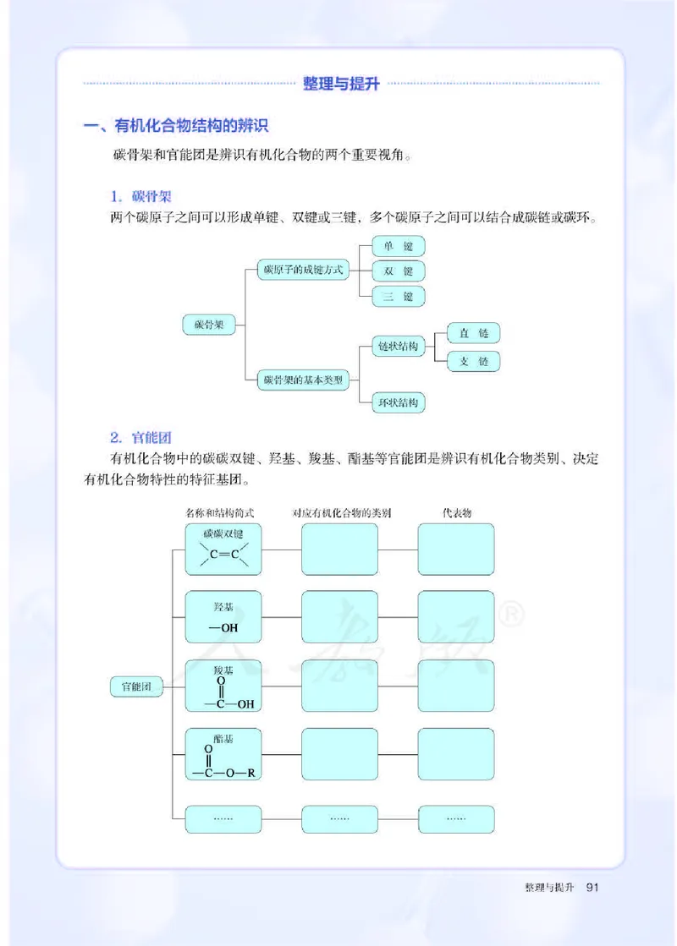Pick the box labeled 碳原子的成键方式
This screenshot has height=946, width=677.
303,270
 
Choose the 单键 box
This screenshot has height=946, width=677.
398,246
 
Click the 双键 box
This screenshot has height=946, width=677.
398,271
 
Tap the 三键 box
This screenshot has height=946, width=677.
398,297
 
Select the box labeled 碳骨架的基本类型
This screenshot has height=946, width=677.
303,380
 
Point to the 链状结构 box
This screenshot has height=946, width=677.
398,347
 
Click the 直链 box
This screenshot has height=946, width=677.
474,333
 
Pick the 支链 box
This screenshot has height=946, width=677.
474,361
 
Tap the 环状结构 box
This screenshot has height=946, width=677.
398,402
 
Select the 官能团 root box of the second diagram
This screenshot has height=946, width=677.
135,686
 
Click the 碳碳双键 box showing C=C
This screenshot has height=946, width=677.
223,549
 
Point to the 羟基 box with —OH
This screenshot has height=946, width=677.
223,617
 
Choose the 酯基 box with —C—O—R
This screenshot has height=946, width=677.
223,755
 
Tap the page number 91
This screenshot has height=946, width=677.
592,888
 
